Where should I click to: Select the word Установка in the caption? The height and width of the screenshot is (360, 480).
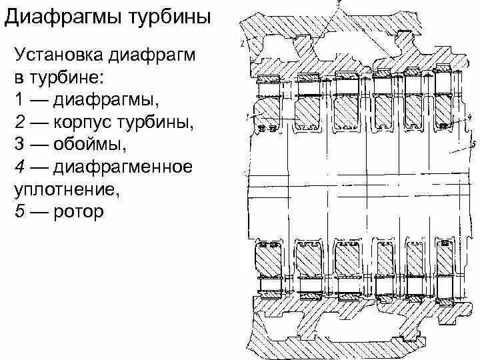click(x=56, y=55)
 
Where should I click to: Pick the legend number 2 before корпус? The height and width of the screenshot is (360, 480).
click(x=19, y=123)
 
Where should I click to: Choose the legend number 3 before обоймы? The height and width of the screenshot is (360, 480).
click(x=19, y=145)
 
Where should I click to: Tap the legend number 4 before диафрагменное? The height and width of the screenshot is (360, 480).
click(x=19, y=167)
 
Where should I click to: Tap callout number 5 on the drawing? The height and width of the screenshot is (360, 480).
click(x=472, y=143)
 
